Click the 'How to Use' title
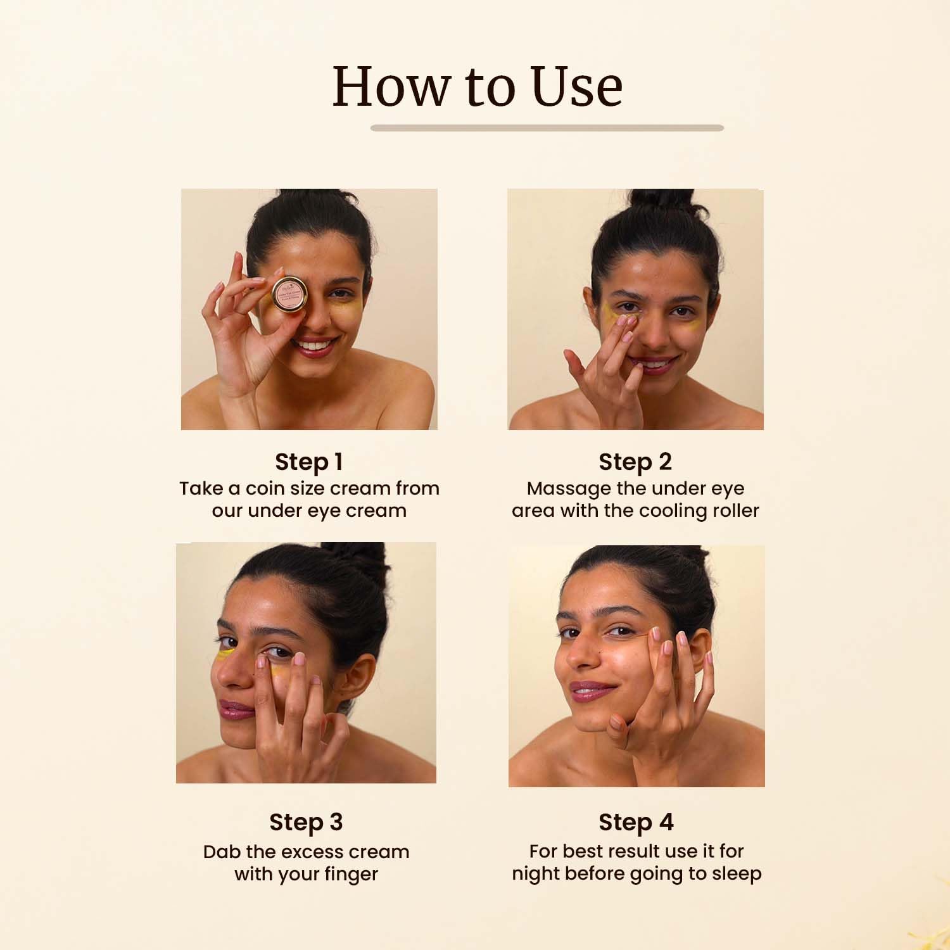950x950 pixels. [478, 86]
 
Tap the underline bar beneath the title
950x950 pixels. [547, 128]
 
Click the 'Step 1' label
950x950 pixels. [309, 462]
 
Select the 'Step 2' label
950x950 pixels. [635, 462]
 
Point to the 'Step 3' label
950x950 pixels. [306, 822]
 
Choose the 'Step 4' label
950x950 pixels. [636, 822]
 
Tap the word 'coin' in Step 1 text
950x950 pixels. [265, 488]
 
